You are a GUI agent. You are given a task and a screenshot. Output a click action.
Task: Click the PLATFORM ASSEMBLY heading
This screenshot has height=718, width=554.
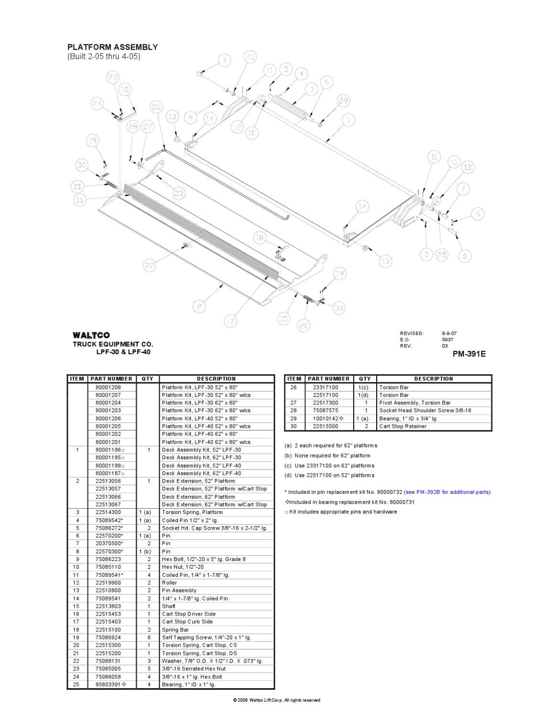point(112,47)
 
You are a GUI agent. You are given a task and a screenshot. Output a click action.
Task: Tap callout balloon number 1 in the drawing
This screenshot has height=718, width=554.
point(348,120)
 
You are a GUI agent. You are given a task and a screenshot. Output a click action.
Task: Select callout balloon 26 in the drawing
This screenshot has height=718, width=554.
point(156,107)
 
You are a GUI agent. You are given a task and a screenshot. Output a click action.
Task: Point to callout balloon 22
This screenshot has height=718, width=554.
point(150,265)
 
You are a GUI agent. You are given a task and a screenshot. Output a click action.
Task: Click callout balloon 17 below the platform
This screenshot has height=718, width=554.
point(231,321)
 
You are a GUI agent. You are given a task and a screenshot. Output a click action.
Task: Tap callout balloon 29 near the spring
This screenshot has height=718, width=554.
point(343,101)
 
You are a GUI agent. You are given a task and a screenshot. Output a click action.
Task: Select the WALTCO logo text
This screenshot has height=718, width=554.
point(91,335)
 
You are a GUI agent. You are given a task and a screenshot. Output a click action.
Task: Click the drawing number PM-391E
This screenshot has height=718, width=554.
point(469,354)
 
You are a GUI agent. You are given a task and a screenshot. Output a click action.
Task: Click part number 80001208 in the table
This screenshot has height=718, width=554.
point(108,387)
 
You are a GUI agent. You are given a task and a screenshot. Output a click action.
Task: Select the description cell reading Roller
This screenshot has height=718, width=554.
point(169,583)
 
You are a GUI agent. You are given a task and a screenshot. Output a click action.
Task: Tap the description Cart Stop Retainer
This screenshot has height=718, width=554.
point(402,426)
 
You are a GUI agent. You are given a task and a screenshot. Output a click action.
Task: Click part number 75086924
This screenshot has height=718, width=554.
point(108,637)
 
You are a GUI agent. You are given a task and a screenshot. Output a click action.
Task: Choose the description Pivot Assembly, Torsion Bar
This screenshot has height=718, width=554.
point(414,403)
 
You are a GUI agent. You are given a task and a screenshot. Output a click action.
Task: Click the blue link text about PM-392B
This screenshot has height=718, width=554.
point(447,492)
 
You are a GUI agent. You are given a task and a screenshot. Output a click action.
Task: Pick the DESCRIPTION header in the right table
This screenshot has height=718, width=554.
point(434,379)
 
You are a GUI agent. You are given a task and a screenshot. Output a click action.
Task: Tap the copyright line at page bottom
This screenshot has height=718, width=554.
point(276,700)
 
